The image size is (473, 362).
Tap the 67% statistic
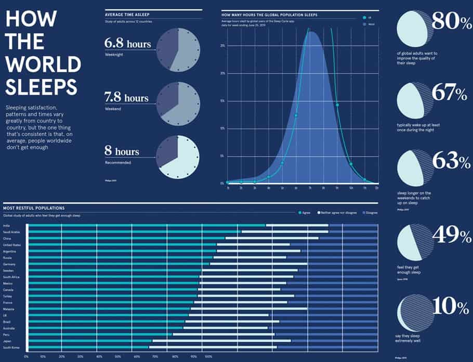[x=451, y=94]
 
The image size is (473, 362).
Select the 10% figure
[x=451, y=307]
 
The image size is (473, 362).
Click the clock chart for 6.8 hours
[x=178, y=49]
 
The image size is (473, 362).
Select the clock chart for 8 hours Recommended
[x=178, y=158]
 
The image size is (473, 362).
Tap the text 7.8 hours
[x=126, y=98]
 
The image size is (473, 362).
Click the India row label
[x=6, y=225]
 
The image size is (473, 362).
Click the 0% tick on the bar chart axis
[x=27, y=357]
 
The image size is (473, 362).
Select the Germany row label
[x=9, y=264]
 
